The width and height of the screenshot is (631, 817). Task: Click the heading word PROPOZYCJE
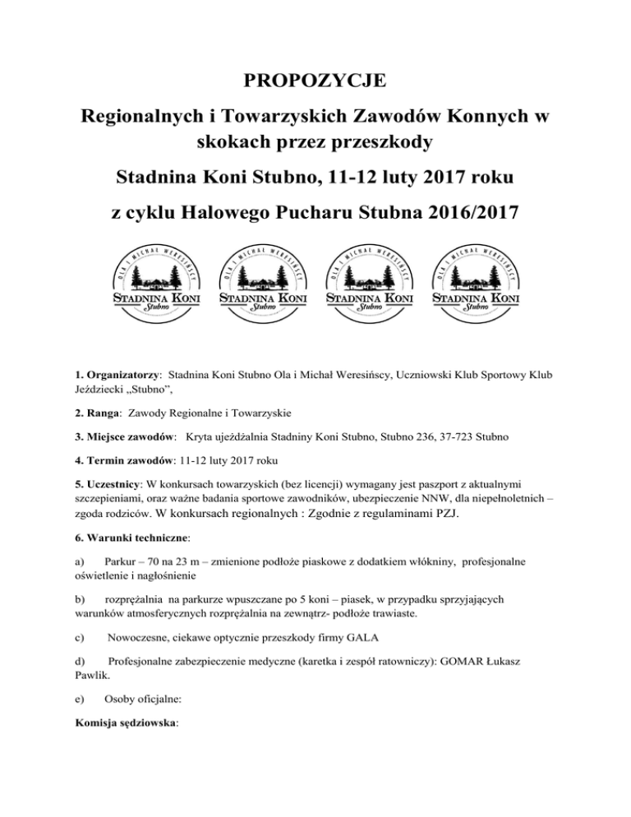pyautogui.click(x=315, y=81)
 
